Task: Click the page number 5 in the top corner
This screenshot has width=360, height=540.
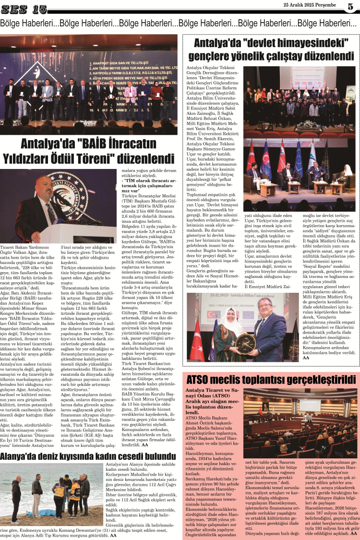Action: (350, 6)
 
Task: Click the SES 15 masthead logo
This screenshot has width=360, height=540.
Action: (24, 8)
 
